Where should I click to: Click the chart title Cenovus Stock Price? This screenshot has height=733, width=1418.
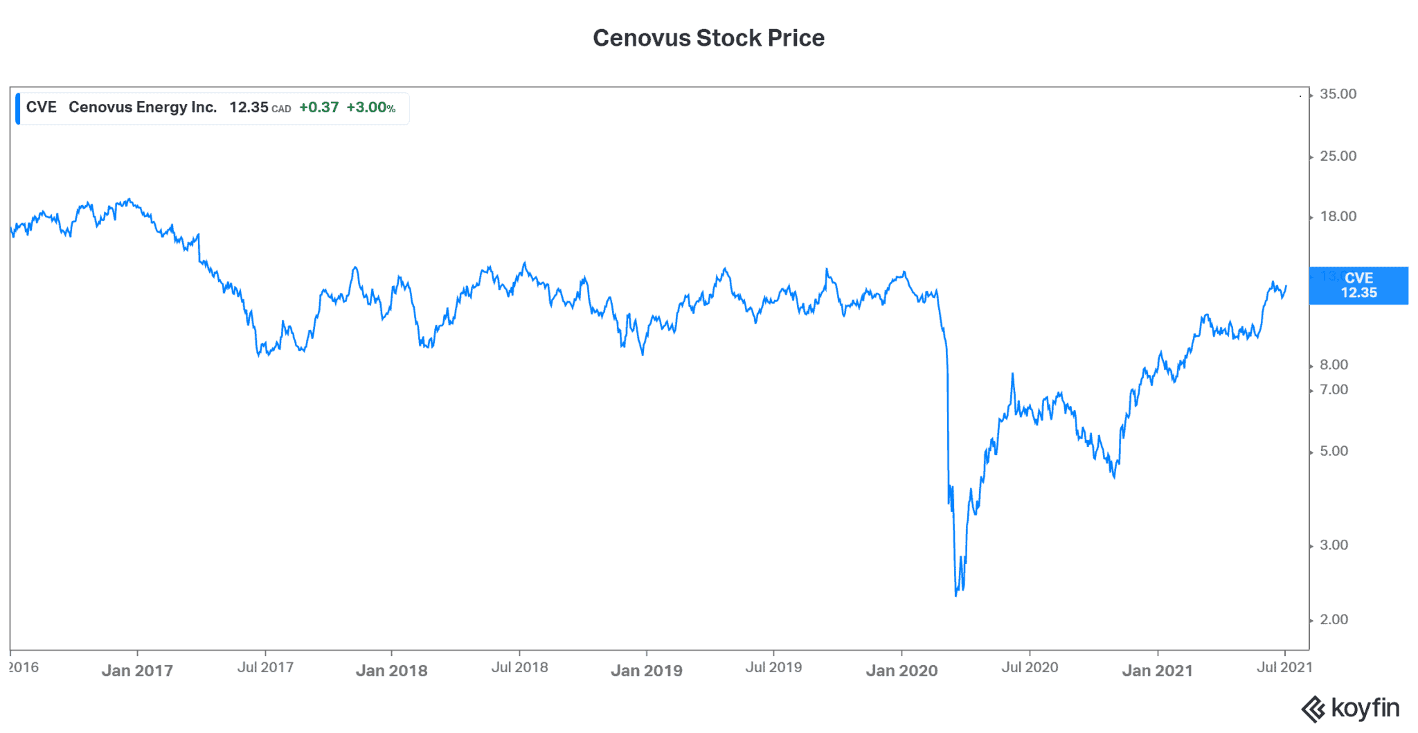click(x=708, y=38)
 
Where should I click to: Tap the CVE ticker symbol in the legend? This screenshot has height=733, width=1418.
click(x=41, y=107)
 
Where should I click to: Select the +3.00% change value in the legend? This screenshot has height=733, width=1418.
click(x=370, y=107)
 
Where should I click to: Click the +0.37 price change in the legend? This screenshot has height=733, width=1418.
click(x=318, y=107)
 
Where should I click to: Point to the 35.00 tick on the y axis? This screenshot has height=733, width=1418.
click(x=1338, y=94)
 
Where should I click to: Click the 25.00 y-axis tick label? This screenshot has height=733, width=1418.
click(x=1338, y=157)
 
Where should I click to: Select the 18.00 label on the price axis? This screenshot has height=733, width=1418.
click(x=1338, y=217)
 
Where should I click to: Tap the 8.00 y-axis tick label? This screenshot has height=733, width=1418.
click(x=1334, y=365)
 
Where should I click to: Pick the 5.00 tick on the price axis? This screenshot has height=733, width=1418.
click(x=1334, y=452)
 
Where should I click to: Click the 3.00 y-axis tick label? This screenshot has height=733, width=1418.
click(x=1334, y=545)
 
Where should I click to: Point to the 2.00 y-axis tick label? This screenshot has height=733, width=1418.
click(x=1334, y=620)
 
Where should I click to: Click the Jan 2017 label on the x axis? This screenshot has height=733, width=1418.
click(x=137, y=671)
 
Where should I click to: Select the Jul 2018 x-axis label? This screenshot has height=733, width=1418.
click(x=519, y=667)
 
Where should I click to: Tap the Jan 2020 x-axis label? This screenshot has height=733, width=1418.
click(x=901, y=671)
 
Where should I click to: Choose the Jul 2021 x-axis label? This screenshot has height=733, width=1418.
click(x=1284, y=667)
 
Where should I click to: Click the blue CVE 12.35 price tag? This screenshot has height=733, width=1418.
click(x=1358, y=285)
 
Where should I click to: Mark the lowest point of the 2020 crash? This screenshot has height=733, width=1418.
click(x=956, y=595)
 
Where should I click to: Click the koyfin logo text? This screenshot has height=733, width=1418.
click(x=1365, y=709)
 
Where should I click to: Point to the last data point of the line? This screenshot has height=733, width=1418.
click(x=1286, y=286)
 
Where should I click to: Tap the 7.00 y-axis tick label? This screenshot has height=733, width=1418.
click(x=1334, y=390)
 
